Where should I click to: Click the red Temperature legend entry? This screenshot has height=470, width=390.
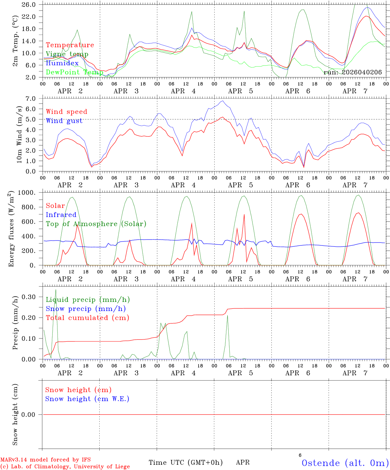(70, 45)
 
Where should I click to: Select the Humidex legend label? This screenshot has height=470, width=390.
(62, 63)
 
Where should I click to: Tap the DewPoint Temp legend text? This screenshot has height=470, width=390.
(74, 72)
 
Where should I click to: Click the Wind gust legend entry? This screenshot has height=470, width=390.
(64, 121)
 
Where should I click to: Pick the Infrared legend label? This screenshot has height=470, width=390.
(61, 215)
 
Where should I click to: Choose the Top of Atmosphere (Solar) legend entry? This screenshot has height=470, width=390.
(96, 224)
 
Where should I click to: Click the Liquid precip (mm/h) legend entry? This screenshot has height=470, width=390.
(88, 300)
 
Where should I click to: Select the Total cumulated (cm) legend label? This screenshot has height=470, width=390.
(88, 318)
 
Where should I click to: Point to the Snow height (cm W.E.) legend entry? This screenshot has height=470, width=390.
(87, 399)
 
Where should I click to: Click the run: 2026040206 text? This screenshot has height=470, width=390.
(352, 72)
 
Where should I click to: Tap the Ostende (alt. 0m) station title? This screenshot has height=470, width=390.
(345, 463)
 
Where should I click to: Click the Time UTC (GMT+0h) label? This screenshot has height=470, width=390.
(186, 462)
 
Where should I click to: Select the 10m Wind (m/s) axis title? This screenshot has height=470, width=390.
(19, 134)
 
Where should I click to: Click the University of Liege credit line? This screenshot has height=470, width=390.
(65, 467)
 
